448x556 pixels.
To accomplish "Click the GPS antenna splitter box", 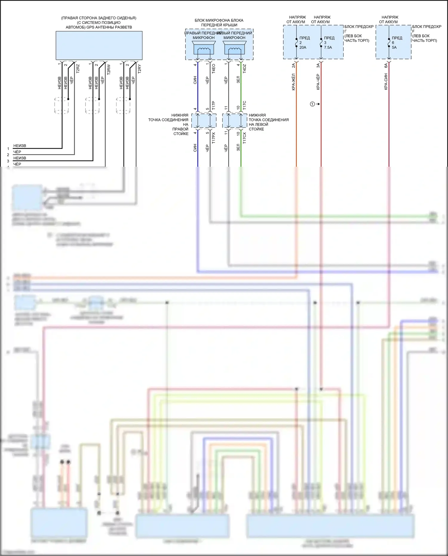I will (99, 45).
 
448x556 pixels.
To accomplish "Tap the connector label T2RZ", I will (78, 69).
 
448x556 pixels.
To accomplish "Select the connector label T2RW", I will (108, 69).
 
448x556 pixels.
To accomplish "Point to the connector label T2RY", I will (139, 69).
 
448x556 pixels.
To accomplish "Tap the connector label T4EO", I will (213, 69).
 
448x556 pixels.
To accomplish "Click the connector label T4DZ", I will (244, 69).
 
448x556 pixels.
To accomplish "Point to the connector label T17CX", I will (244, 138).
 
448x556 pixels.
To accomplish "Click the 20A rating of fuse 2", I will (303, 48).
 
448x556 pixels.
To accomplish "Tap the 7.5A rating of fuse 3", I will (328, 48).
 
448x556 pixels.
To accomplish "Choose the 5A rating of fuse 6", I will (394, 48).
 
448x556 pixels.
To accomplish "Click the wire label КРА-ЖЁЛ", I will (293, 82).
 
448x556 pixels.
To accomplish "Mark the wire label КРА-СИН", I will (386, 81).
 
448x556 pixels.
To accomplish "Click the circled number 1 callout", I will (312, 104).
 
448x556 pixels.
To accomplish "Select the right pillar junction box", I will (204, 121).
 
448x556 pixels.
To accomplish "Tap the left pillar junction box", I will (234, 121).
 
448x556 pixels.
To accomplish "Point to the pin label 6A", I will (386, 65).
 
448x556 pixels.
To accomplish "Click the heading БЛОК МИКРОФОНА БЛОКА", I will (219, 20).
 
